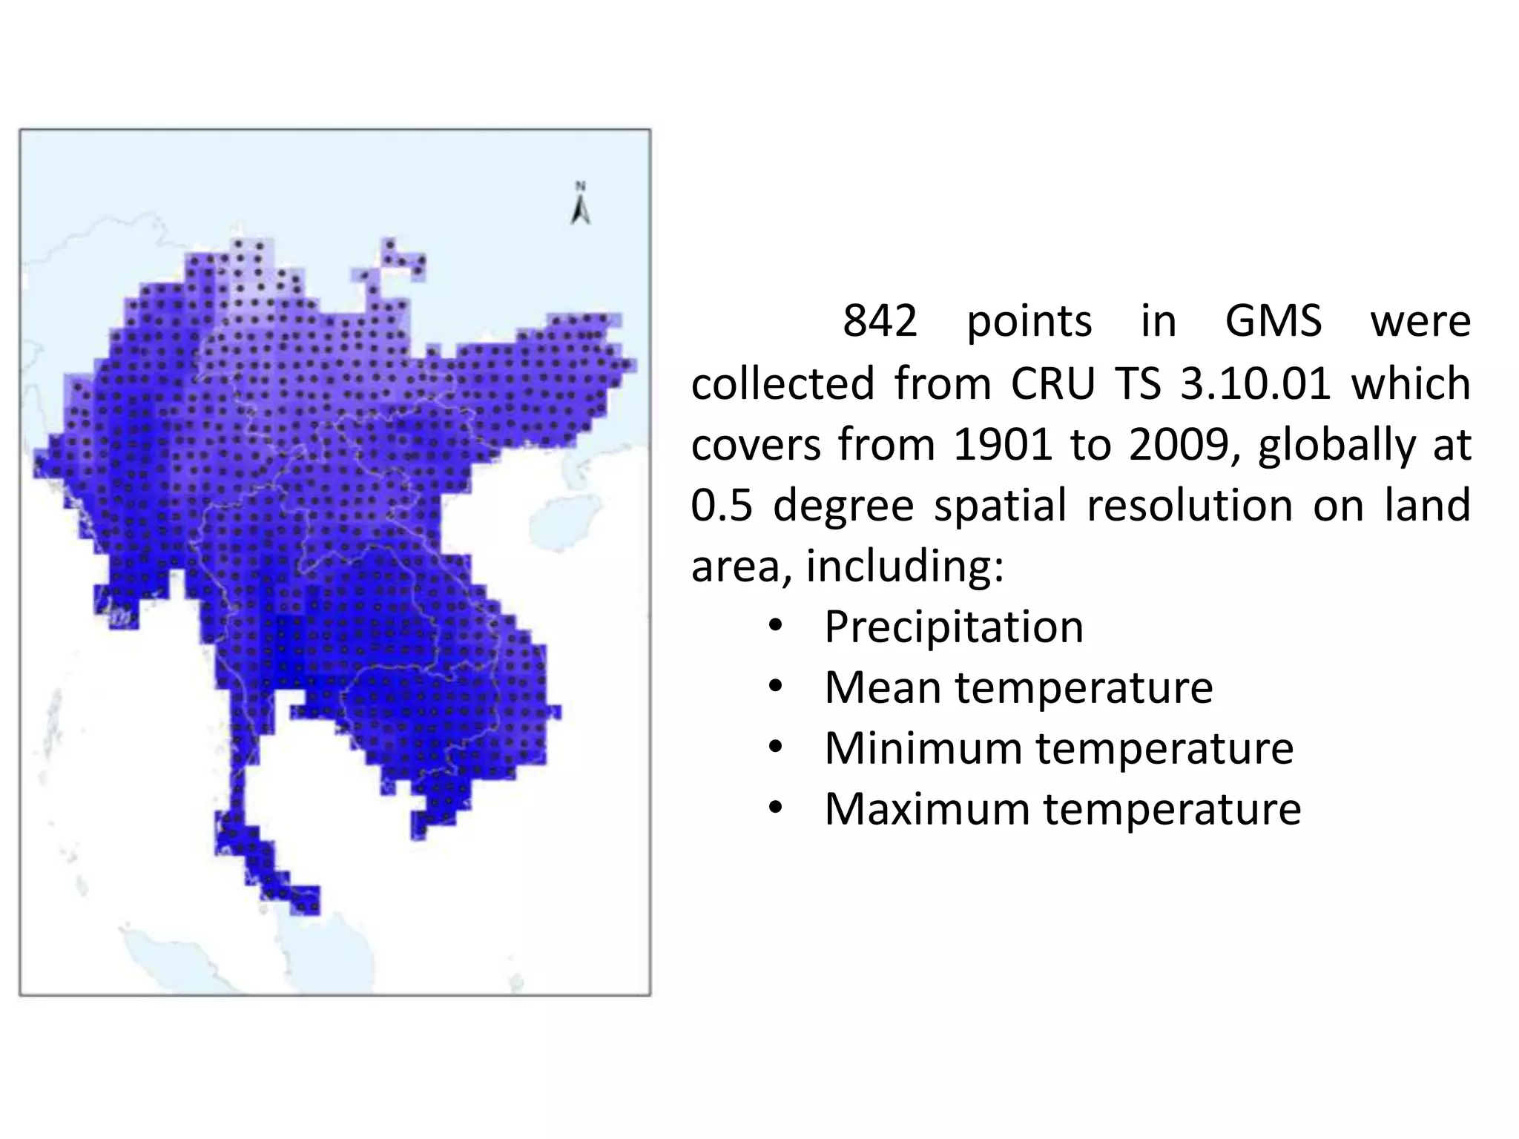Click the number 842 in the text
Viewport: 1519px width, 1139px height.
pos(880,322)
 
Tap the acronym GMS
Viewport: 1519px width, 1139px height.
pos(1273,322)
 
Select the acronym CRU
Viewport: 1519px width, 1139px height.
pos(1052,383)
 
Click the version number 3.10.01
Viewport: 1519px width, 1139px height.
pos(1255,383)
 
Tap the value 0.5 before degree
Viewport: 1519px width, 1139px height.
pos(722,505)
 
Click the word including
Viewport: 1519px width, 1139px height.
pos(904,567)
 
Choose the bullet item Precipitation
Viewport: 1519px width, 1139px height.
pos(954,627)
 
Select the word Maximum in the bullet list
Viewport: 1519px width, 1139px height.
pos(926,809)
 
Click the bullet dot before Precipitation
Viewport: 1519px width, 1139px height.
pos(775,628)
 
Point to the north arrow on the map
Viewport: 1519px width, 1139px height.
pos(581,204)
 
